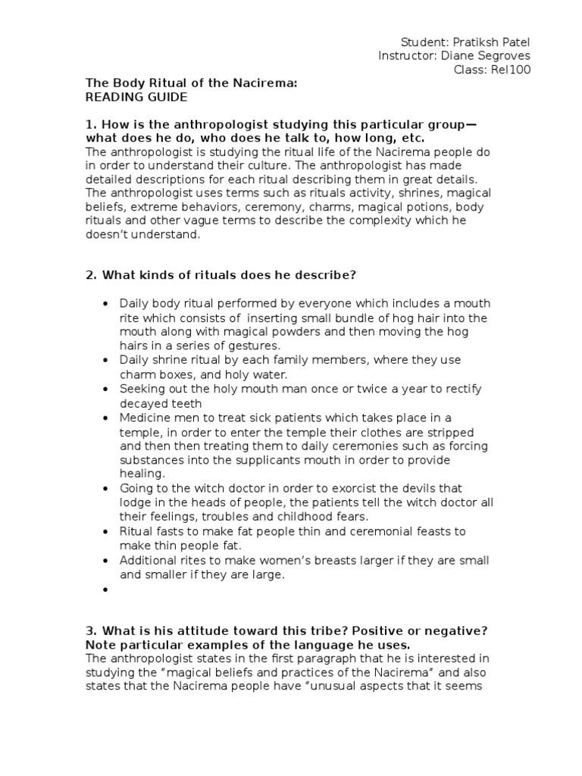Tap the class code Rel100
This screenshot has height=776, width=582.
513,70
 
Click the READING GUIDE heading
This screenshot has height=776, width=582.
136,98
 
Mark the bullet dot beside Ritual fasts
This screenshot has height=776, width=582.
105,531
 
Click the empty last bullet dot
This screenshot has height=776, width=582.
105,589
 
